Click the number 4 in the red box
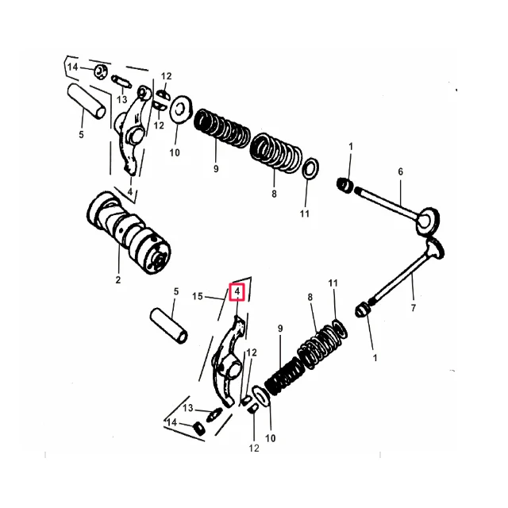tap(237, 291)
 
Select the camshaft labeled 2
tap(129, 232)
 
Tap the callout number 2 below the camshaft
tap(118, 279)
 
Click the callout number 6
tap(400, 171)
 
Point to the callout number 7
tap(413, 307)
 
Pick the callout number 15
tap(198, 296)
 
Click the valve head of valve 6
tap(427, 221)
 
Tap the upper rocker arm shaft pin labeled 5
tap(87, 102)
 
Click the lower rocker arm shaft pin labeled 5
tap(169, 326)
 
